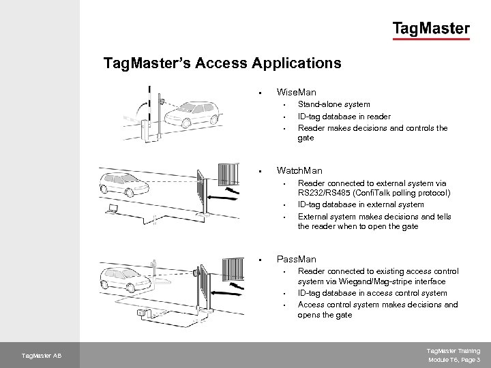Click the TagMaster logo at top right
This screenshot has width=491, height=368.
pos(430,29)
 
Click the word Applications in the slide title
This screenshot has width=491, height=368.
pos(297,63)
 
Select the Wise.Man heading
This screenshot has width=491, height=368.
pos(296,91)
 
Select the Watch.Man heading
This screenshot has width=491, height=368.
pos(299,170)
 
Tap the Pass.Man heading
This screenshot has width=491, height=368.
pos(296,259)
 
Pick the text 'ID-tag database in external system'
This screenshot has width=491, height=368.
pos(361,204)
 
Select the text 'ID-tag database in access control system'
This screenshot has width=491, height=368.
pos(372,293)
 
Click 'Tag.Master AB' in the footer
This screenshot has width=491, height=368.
pos(42,355)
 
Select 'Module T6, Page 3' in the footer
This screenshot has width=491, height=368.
pos(454,359)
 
